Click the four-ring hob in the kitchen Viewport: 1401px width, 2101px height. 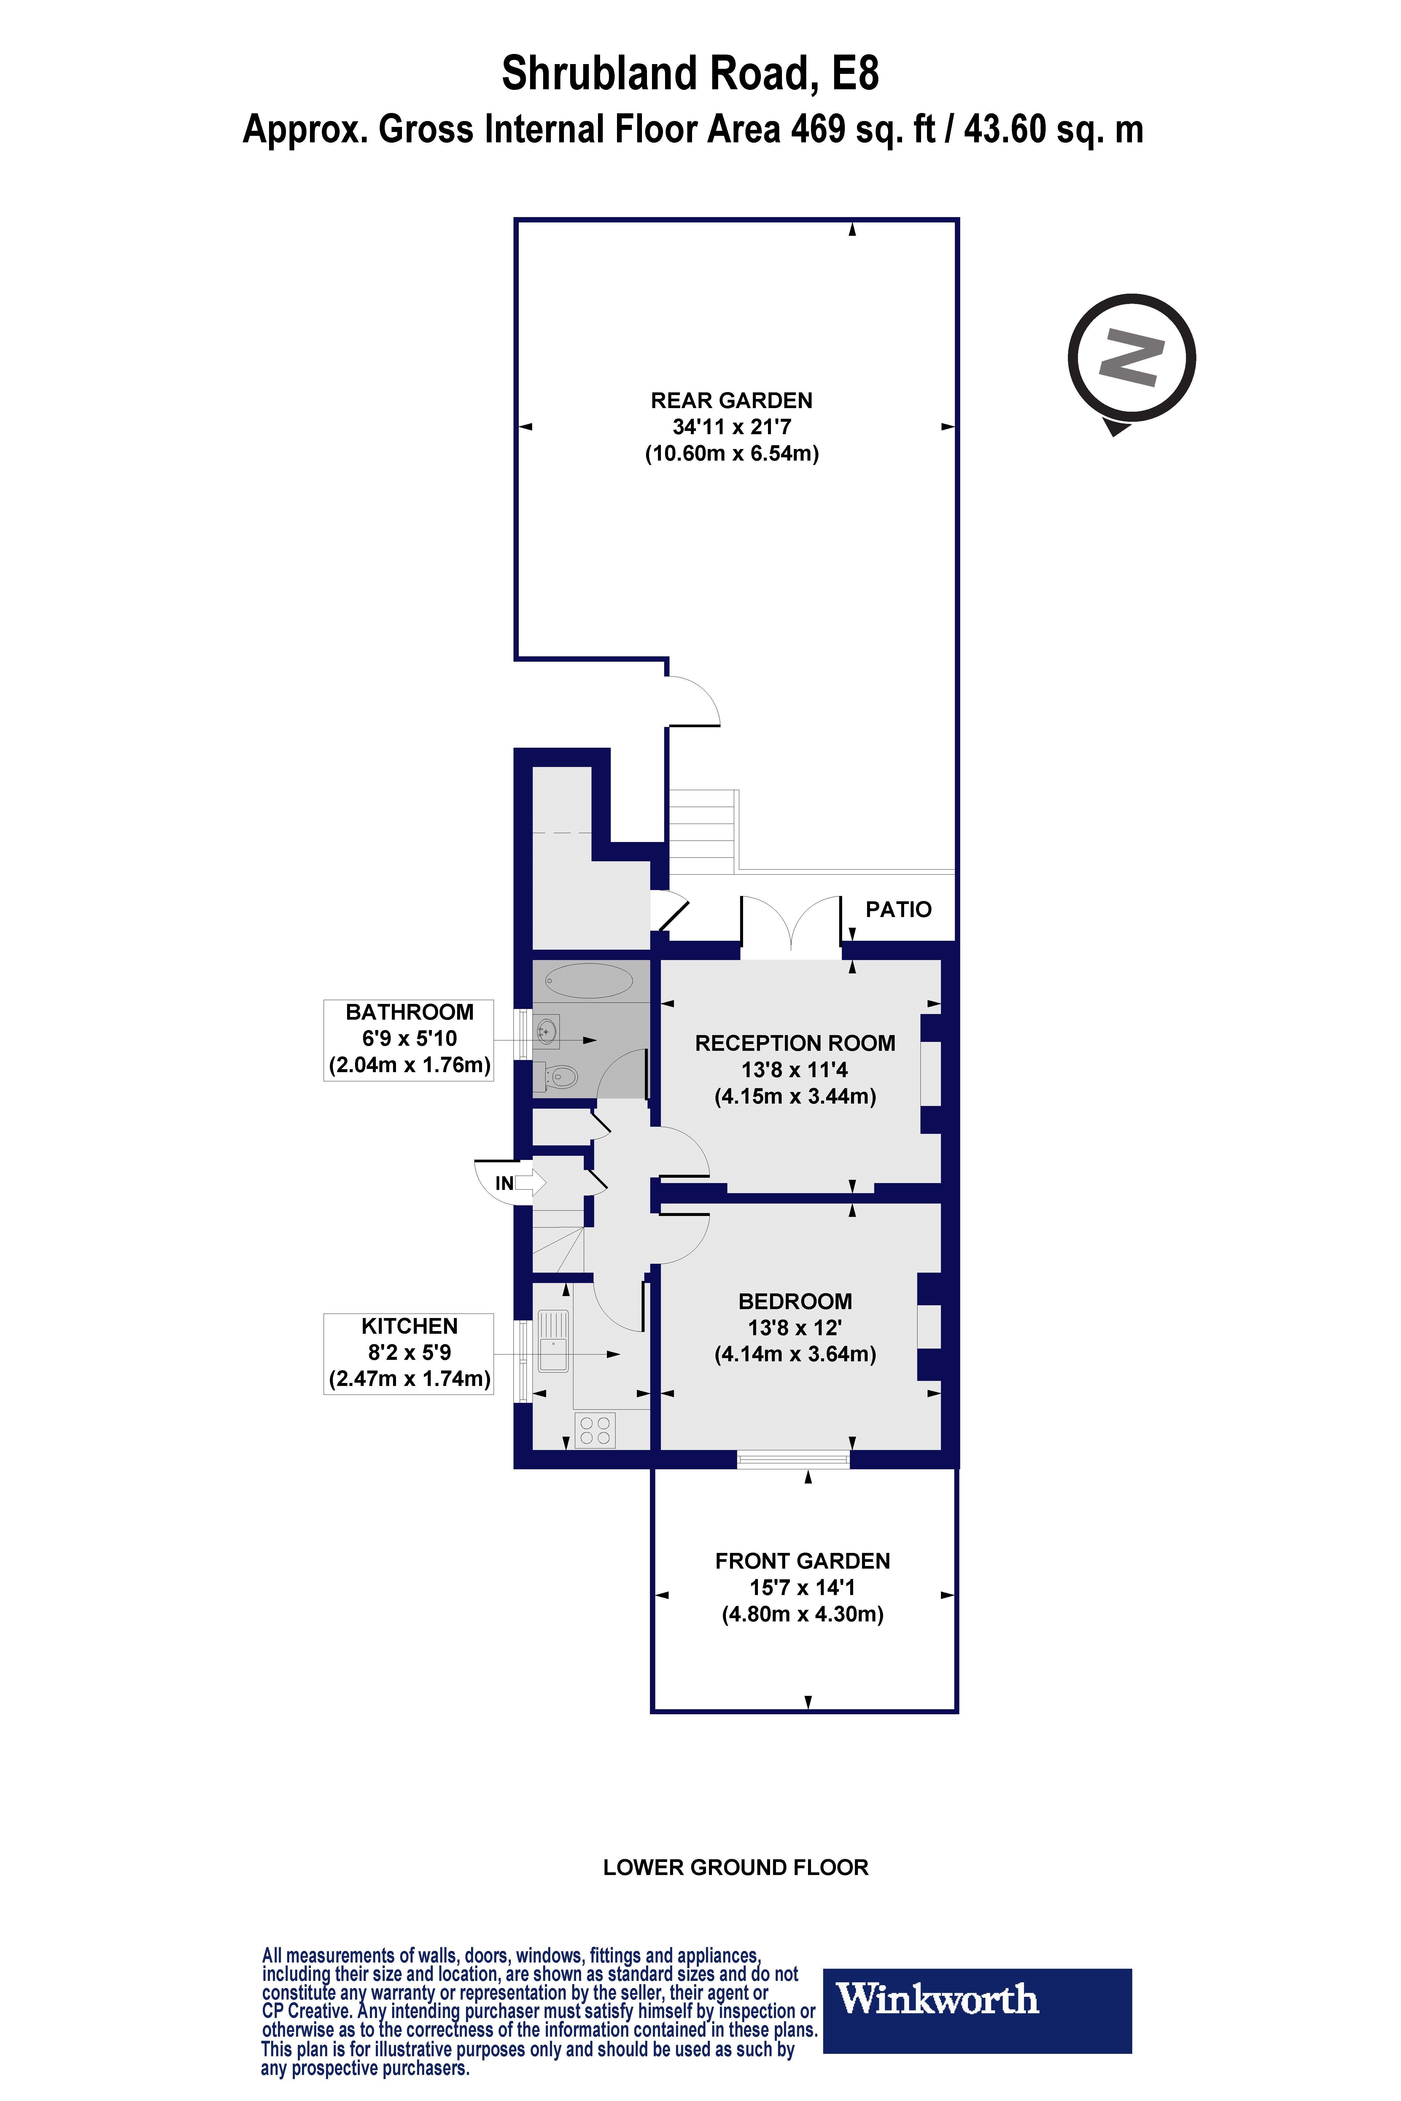pos(595,1430)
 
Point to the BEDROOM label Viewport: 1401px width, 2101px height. pos(795,1301)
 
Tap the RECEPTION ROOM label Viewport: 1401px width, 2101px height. pos(795,1043)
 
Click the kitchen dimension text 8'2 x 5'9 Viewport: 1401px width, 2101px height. pos(409,1352)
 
